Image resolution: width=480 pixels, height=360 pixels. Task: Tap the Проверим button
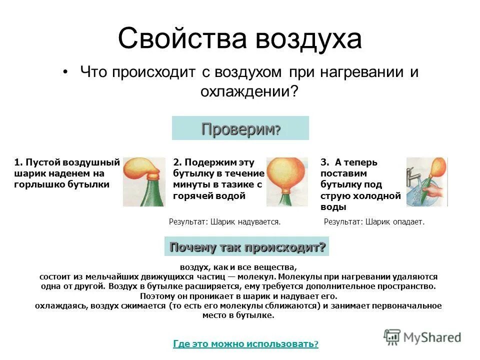pyautogui.click(x=240, y=128)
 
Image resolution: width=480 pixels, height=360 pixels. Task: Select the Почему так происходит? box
pyautogui.click(x=247, y=247)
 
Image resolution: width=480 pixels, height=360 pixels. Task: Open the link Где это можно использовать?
pyautogui.click(x=245, y=343)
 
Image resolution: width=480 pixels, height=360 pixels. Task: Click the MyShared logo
pyautogui.click(x=422, y=336)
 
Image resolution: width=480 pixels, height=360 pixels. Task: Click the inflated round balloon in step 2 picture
pyautogui.click(x=286, y=173)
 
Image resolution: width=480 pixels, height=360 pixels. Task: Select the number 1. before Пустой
pyautogui.click(x=18, y=162)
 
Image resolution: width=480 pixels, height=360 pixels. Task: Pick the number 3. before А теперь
pyautogui.click(x=324, y=162)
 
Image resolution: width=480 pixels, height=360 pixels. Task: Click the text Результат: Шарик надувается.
pyautogui.click(x=225, y=221)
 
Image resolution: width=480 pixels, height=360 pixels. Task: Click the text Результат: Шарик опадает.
pyautogui.click(x=374, y=221)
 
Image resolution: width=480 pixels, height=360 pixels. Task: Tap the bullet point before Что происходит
pyautogui.click(x=66, y=73)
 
